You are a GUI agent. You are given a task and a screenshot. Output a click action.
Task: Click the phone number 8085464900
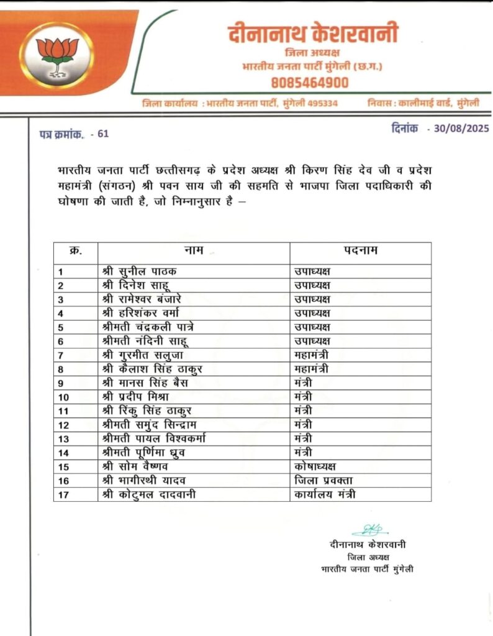[309, 83]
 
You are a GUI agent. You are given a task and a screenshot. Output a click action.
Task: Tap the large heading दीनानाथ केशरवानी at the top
[312, 34]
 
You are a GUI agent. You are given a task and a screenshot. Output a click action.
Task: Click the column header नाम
[194, 251]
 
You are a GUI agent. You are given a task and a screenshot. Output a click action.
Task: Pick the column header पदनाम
[361, 251]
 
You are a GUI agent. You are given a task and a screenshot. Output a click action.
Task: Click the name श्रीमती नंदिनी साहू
[145, 341]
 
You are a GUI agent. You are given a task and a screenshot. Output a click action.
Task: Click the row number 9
[60, 383]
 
